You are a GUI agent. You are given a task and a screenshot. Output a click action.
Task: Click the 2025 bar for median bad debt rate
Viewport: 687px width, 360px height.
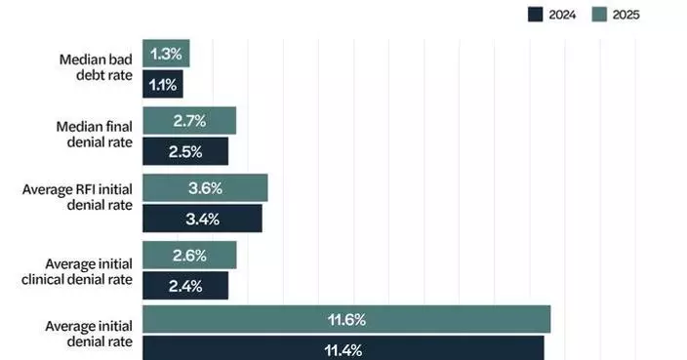pos(166,54)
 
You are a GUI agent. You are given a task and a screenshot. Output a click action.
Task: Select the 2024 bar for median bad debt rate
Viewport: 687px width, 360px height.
pos(163,85)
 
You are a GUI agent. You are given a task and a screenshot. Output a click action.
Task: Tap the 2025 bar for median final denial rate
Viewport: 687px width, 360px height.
pos(189,121)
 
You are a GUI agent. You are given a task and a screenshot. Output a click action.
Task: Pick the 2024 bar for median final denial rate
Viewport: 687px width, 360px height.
pos(185,151)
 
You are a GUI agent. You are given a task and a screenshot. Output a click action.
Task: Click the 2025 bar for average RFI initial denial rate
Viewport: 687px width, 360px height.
pos(205,188)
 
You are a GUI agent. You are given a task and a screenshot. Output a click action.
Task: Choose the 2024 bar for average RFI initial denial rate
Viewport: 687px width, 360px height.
pos(202,219)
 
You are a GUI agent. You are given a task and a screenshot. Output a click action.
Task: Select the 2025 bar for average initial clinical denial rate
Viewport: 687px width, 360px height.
pos(189,256)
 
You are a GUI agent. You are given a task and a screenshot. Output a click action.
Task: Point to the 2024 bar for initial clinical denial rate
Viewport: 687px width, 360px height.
pos(185,286)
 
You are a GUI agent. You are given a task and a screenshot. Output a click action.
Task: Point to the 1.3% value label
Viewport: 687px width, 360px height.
pos(166,54)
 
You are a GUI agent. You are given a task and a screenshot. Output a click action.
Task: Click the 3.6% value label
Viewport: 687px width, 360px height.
pos(205,188)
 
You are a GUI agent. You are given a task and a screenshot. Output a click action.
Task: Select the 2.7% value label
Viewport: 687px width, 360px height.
pos(189,121)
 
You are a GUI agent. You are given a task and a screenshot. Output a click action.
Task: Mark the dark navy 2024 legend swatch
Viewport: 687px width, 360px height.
pos(535,14)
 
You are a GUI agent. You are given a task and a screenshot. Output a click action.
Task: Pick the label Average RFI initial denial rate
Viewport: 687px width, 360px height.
pos(78,203)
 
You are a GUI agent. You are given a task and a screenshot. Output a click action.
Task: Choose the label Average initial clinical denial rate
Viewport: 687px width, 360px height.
pos(88,271)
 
